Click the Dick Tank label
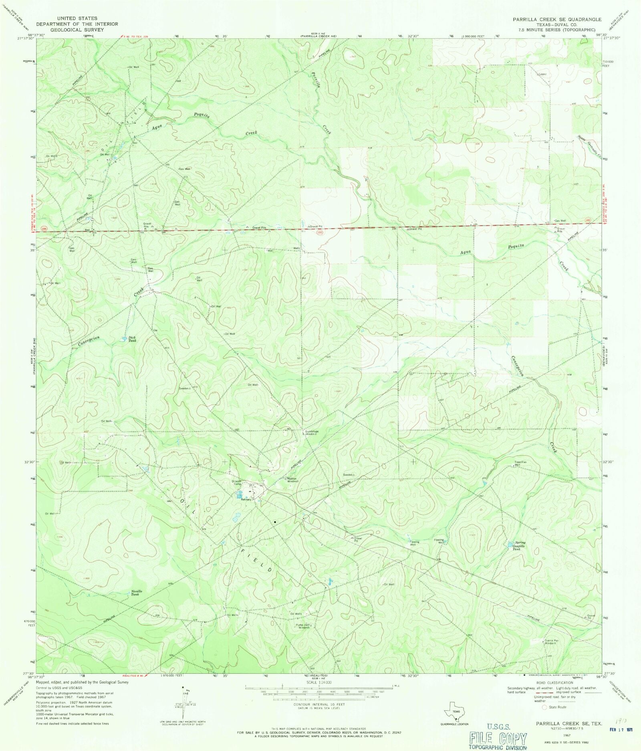click(x=132, y=339)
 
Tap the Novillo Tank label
click(x=136, y=593)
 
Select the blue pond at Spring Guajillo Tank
click(x=510, y=544)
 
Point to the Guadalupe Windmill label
click(x=311, y=433)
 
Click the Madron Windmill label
click(x=292, y=480)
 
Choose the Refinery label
click(x=246, y=500)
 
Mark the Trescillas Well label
click(x=520, y=463)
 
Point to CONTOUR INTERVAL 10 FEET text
click(x=314, y=704)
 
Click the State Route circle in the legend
click(x=544, y=707)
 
